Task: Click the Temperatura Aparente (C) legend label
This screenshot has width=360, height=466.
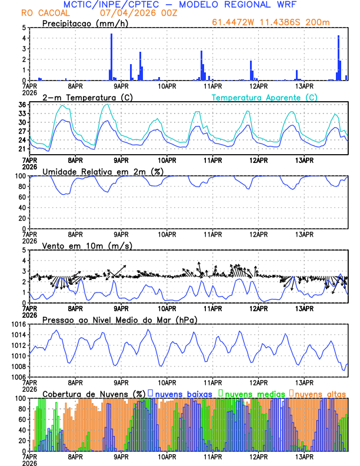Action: (265, 97)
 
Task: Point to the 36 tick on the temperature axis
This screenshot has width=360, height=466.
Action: (22, 105)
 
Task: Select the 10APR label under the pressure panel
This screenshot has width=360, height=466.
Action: (167, 382)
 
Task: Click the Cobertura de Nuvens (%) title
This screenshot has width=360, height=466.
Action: (94, 394)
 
